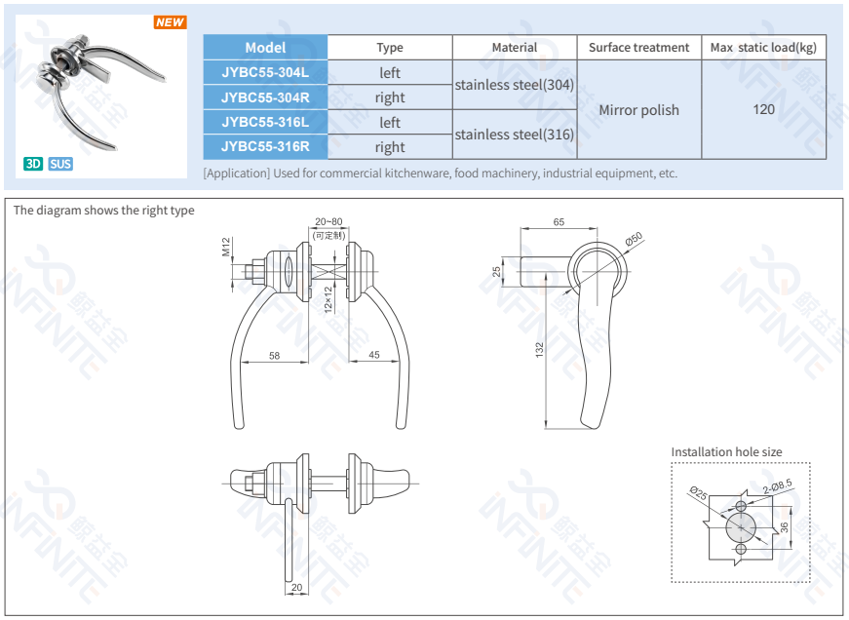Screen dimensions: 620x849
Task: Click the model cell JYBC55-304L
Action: tap(265, 72)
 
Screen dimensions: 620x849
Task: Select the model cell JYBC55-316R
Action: tap(265, 147)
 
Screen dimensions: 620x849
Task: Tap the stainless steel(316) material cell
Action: tap(514, 135)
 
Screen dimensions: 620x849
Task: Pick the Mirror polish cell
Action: tap(638, 110)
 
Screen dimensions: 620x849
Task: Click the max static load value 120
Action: tap(763, 109)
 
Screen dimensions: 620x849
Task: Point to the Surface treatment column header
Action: tap(638, 47)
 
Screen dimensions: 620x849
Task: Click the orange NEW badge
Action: tap(170, 22)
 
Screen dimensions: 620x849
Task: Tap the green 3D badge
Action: tap(33, 164)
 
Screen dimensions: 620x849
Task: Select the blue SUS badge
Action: tap(60, 164)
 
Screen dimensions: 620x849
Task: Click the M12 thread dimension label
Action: tap(226, 247)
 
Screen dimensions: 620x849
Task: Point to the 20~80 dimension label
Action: tap(328, 222)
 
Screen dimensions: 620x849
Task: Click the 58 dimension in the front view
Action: tap(275, 356)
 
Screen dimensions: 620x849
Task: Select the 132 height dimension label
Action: tap(539, 350)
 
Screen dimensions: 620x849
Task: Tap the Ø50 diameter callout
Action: tap(633, 239)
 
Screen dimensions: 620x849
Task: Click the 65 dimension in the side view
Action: tap(559, 222)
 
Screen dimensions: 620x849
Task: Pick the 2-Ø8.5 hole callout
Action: tap(777, 484)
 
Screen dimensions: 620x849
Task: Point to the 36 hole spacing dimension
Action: tap(784, 527)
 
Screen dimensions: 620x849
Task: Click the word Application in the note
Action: tap(237, 174)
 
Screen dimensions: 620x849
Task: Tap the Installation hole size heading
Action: tap(726, 451)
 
